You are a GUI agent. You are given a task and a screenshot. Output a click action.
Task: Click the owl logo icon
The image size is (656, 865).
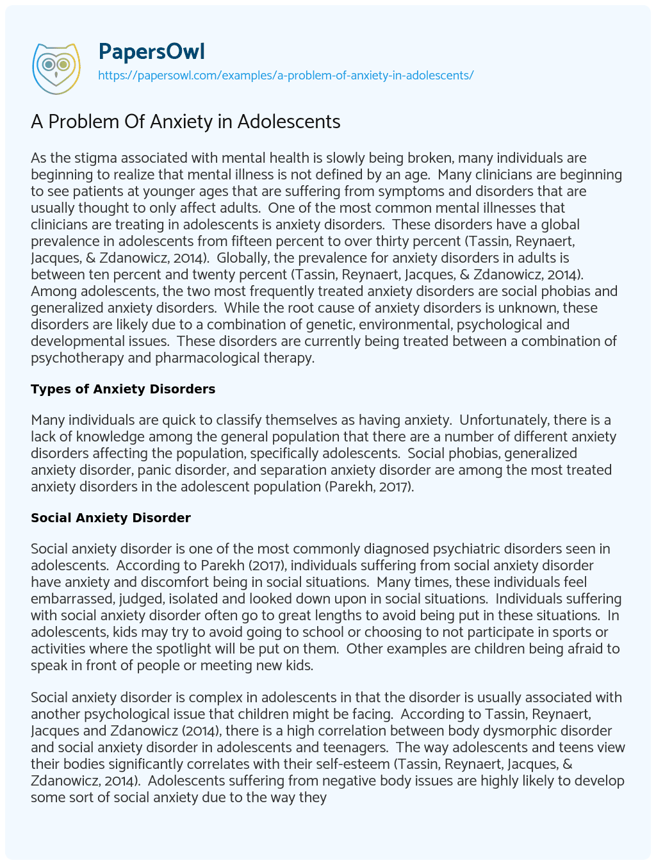point(56,65)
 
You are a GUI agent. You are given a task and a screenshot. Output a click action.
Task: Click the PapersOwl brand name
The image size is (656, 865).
point(151,51)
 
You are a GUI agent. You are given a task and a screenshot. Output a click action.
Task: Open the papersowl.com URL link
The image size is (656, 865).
point(286,75)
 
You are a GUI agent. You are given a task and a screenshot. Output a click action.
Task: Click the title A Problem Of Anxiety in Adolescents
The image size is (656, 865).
point(186,121)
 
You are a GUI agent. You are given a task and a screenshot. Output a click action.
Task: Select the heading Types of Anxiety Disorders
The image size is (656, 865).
point(123,389)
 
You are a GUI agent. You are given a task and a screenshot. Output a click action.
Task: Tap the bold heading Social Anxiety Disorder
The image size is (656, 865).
point(111,518)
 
